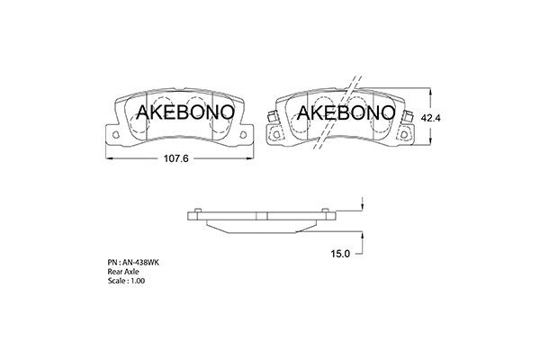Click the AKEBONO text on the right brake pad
(x=345, y=112)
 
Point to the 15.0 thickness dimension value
(x=340, y=255)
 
